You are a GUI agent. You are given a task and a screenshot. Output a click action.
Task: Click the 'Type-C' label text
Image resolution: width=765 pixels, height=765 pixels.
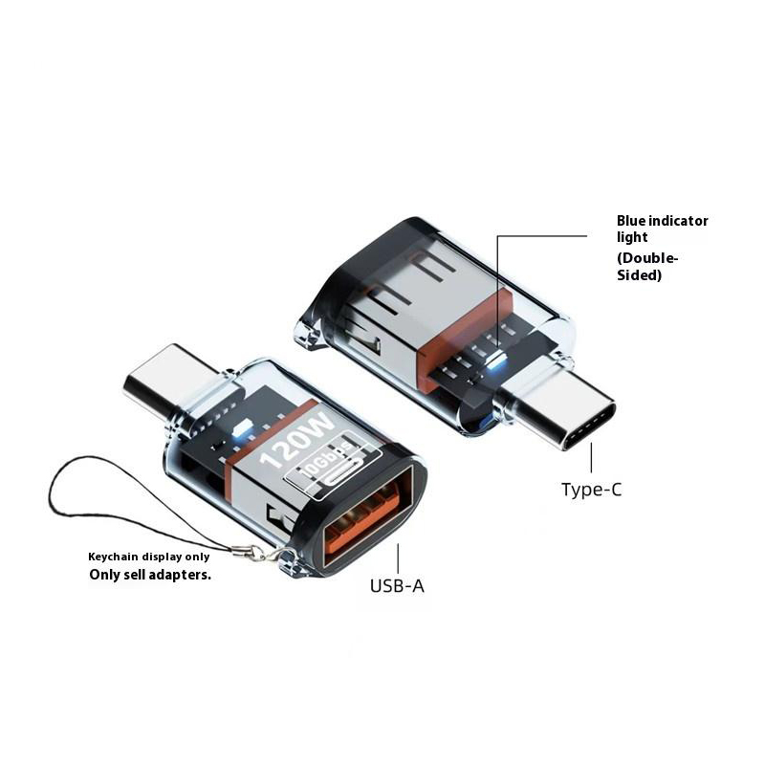pyautogui.click(x=591, y=490)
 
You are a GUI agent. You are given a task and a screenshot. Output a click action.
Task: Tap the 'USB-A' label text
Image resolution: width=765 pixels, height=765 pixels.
pyautogui.click(x=397, y=586)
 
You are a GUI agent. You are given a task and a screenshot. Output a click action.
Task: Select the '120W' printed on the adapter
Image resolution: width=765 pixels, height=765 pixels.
pyautogui.click(x=296, y=441)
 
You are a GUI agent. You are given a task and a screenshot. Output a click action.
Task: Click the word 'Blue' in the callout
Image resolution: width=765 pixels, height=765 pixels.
pyautogui.click(x=631, y=221)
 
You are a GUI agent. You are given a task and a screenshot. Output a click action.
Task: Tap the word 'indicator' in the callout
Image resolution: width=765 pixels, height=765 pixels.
pyautogui.click(x=678, y=221)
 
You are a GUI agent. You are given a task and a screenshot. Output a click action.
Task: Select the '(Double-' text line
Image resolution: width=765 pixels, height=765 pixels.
pyautogui.click(x=647, y=258)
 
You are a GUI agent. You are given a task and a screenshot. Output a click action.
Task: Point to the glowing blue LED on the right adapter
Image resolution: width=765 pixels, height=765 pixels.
pyautogui.click(x=495, y=361)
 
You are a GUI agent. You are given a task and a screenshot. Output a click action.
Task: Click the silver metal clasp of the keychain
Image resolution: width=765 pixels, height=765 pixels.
pyautogui.click(x=257, y=553)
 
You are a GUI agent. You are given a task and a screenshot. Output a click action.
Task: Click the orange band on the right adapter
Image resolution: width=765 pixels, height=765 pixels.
pyautogui.click(x=461, y=337)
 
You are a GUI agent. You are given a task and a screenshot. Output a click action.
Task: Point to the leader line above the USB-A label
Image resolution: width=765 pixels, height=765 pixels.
pyautogui.click(x=398, y=558)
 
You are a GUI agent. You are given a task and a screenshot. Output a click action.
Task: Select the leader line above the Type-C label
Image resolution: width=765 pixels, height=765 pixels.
pyautogui.click(x=591, y=458)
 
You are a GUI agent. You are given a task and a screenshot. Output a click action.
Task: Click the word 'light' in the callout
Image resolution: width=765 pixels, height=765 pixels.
pyautogui.click(x=632, y=237)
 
